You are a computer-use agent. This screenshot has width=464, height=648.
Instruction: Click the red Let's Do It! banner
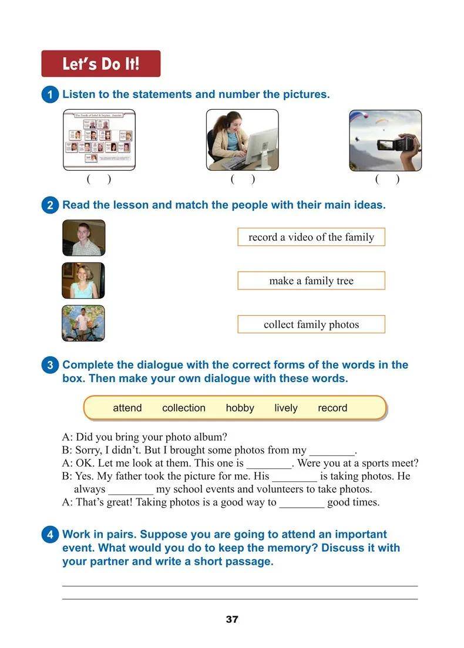[100, 63]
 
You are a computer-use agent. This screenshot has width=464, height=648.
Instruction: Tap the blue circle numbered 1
[50, 95]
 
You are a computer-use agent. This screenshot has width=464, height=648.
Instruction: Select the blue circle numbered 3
[50, 365]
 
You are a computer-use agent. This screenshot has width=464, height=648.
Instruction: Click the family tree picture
[99, 140]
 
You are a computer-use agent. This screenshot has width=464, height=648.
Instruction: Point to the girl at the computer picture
[242, 140]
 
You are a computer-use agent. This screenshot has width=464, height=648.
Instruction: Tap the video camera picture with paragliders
[385, 140]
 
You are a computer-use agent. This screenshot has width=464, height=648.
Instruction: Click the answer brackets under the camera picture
[387, 180]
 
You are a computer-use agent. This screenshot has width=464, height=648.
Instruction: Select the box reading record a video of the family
[311, 237]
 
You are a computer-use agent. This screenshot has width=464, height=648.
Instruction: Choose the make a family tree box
[311, 281]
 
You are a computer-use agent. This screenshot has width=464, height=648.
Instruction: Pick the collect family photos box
[311, 325]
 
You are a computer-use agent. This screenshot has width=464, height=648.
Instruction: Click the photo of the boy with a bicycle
[83, 323]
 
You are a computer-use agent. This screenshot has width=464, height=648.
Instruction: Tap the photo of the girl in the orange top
[83, 281]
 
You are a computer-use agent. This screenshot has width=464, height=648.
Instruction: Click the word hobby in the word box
[240, 408]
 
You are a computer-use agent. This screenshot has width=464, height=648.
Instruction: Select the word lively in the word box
[285, 408]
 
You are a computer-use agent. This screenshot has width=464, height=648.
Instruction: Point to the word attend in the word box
[127, 408]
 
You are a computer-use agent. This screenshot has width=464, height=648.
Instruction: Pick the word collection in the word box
[183, 408]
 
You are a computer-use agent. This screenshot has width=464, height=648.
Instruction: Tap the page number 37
[232, 620]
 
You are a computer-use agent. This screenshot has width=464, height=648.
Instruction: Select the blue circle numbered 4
[50, 535]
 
